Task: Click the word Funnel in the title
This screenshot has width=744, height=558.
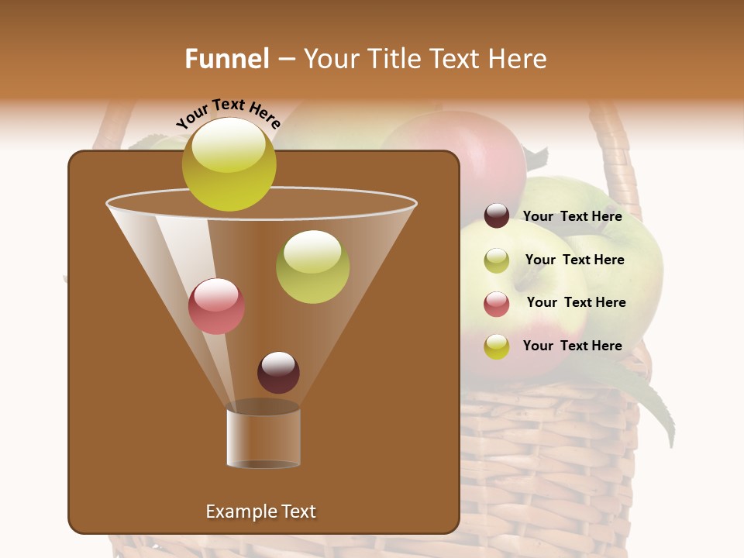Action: coord(226,59)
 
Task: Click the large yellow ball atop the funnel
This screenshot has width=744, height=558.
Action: coord(229,164)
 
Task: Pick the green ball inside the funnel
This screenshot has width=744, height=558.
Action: coord(312,267)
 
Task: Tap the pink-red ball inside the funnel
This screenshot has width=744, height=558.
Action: coord(216,306)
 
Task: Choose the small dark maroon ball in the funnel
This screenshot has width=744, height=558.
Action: coord(278,372)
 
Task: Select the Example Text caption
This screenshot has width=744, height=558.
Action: coord(260,511)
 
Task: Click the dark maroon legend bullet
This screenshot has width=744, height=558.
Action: coord(497,215)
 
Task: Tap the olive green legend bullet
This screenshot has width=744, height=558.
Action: coord(497,260)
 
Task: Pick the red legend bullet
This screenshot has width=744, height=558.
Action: coord(497,304)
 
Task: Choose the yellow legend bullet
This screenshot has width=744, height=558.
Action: coord(497,346)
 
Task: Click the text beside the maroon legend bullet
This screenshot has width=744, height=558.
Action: coord(572,216)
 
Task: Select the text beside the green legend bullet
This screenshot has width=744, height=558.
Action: coord(574,260)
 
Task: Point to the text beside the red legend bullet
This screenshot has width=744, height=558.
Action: coord(576,302)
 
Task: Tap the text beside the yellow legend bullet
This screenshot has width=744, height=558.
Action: coord(572,346)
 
